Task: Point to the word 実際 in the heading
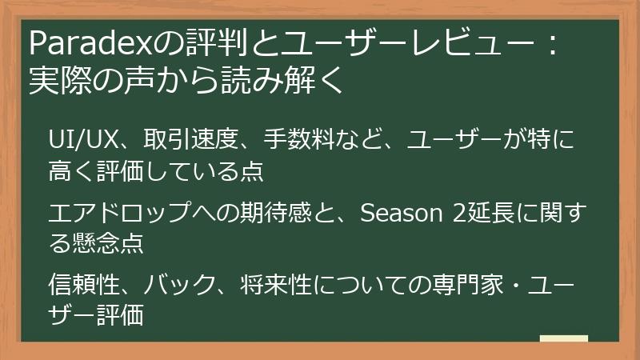point(59,81)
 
